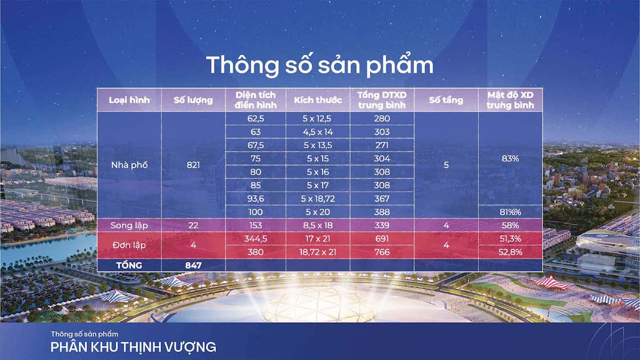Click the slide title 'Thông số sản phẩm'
click(319, 65)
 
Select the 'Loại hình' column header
click(129, 100)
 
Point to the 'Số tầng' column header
click(446, 100)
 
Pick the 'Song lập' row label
click(129, 225)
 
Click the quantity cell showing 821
click(193, 165)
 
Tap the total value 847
click(193, 265)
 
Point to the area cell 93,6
click(255, 198)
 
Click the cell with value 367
click(382, 198)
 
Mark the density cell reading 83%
click(510, 158)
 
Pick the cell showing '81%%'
click(510, 212)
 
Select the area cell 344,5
click(255, 238)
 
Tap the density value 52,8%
click(510, 252)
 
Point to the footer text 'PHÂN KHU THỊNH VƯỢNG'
click(133, 347)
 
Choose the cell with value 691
click(382, 238)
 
